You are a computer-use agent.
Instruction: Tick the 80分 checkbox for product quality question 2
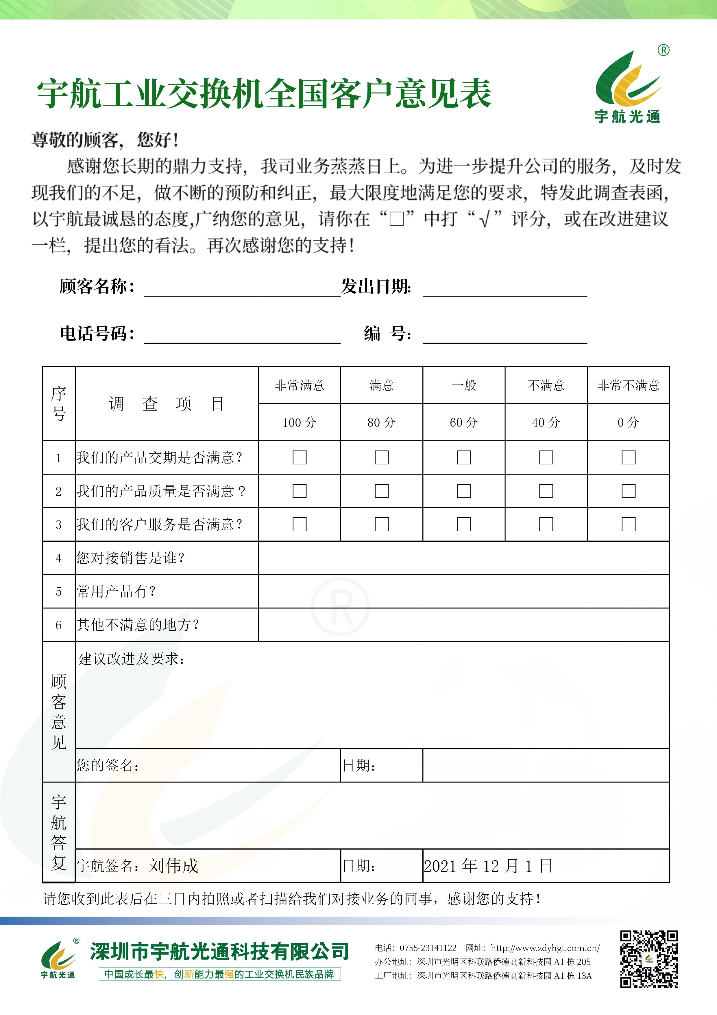click(x=381, y=491)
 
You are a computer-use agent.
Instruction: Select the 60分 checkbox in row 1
click(x=463, y=457)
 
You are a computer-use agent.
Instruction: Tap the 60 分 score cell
click(x=463, y=422)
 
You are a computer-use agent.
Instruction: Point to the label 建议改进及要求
click(x=131, y=659)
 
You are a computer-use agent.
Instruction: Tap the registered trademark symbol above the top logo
click(x=663, y=50)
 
